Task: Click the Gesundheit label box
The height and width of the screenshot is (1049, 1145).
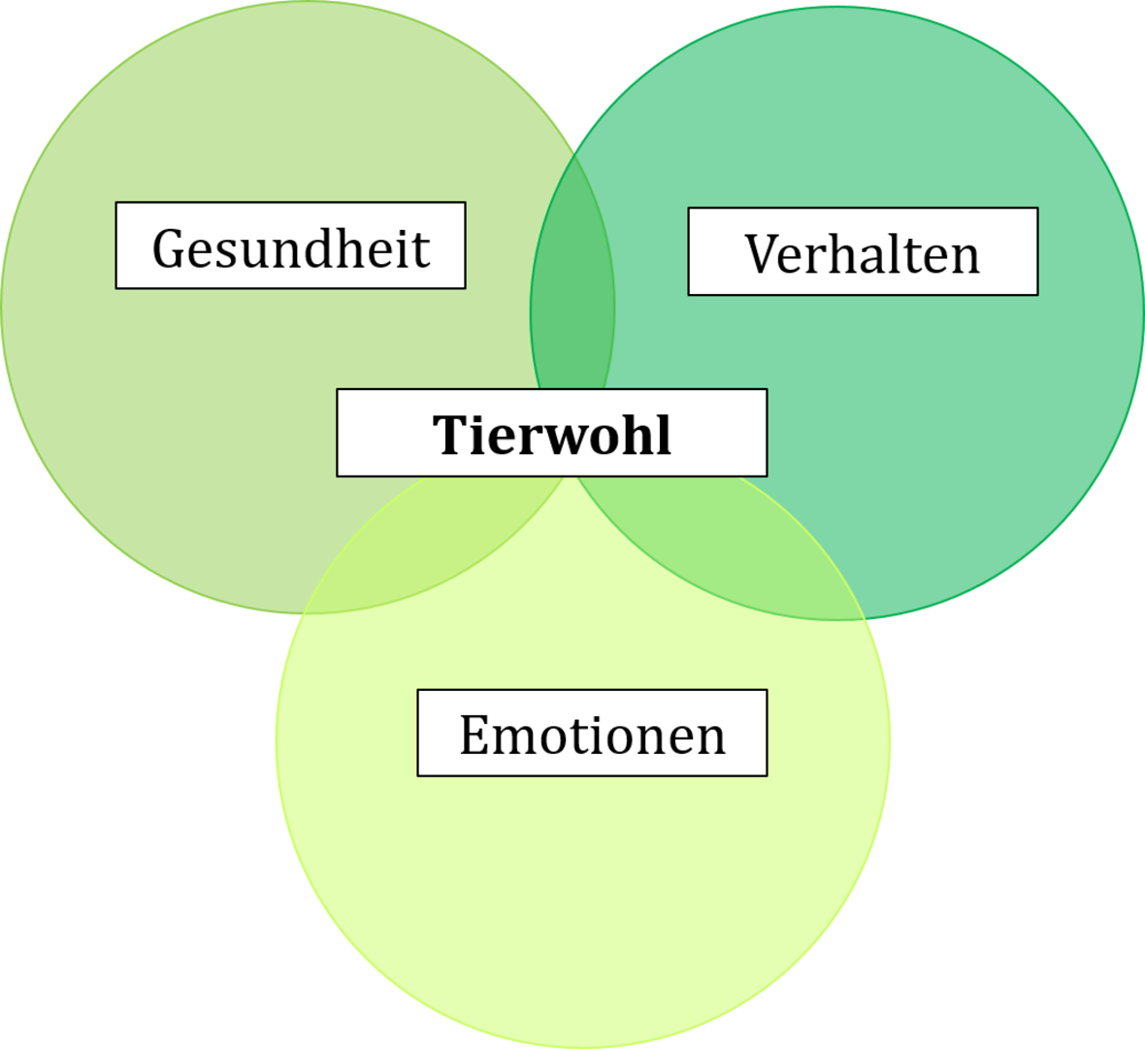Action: click(290, 246)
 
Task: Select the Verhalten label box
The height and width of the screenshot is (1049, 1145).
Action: click(863, 251)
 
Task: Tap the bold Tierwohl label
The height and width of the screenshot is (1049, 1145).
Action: click(551, 433)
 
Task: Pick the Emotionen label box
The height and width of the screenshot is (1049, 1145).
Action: click(592, 733)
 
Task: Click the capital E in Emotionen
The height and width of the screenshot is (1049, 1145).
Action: click(474, 735)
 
